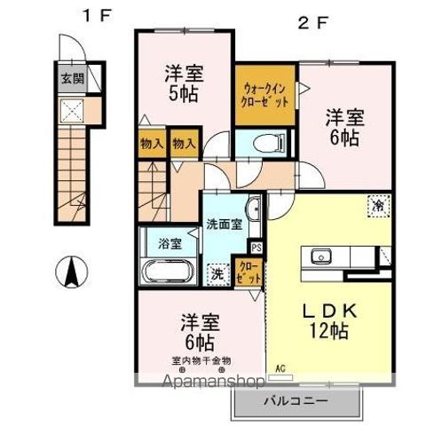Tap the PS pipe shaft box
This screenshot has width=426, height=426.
(256, 248)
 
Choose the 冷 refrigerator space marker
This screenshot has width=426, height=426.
(377, 204)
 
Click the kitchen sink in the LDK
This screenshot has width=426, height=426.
(319, 257)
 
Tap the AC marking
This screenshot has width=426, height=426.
(280, 367)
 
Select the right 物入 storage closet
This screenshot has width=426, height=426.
(184, 143)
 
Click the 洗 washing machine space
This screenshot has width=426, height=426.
(215, 273)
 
